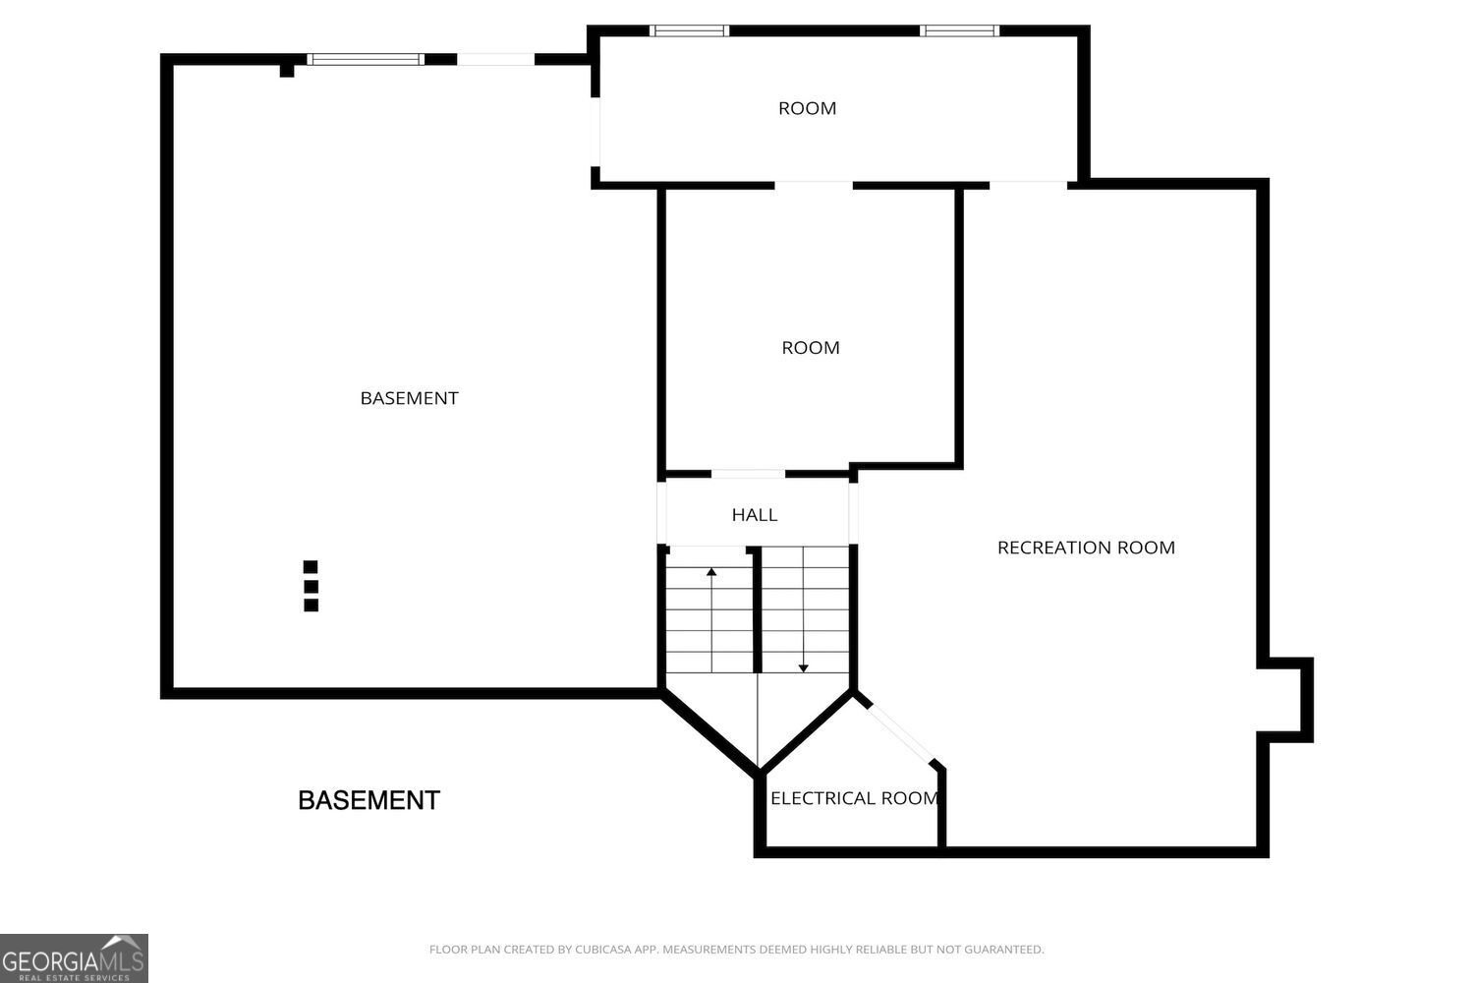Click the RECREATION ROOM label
1086,548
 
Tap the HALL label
755,514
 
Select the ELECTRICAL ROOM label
854,798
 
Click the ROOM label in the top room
807,108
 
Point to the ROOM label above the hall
811,348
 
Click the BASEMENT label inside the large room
409,398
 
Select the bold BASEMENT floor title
368,800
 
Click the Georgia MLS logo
74,958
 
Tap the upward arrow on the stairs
711,571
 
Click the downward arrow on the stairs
803,667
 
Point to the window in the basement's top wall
366,59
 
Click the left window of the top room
690,30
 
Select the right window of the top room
959,30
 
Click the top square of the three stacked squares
311,566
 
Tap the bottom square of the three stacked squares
311,606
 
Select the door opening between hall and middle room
748,475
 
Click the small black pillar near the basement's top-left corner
287,70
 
